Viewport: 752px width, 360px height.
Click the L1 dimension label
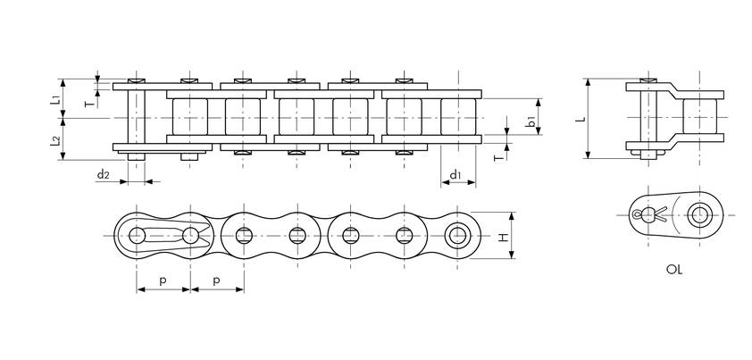click(55, 100)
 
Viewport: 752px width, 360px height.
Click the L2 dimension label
click(55, 140)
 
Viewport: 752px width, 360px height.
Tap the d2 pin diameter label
click(103, 175)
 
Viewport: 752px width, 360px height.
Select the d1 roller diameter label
click(455, 175)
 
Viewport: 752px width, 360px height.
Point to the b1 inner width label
click(531, 121)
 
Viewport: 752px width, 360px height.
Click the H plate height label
click(503, 237)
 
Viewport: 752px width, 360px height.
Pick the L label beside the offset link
click(581, 119)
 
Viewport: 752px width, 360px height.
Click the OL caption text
click(673, 270)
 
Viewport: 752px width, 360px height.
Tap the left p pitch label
click(163, 281)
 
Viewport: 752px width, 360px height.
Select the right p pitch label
click(217, 281)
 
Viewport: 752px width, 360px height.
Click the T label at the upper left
click(89, 104)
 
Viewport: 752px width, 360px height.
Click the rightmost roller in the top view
click(458, 117)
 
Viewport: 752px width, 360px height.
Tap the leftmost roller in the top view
click(190, 117)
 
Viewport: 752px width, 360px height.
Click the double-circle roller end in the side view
click(457, 236)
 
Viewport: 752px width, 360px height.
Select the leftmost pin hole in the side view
click(137, 236)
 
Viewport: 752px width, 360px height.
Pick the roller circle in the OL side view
click(699, 214)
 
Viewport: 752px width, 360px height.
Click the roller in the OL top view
click(699, 117)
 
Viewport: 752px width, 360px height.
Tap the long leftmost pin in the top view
click(137, 119)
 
